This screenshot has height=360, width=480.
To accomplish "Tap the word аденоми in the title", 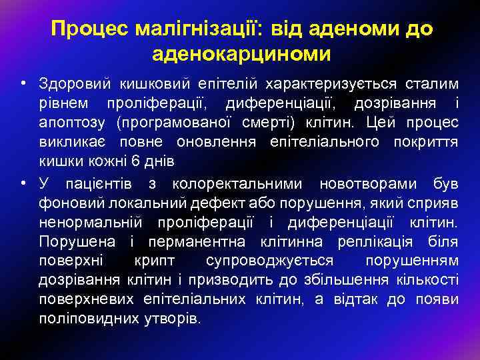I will coord(353,29).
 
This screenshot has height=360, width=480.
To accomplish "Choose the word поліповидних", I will coord(89,318).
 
